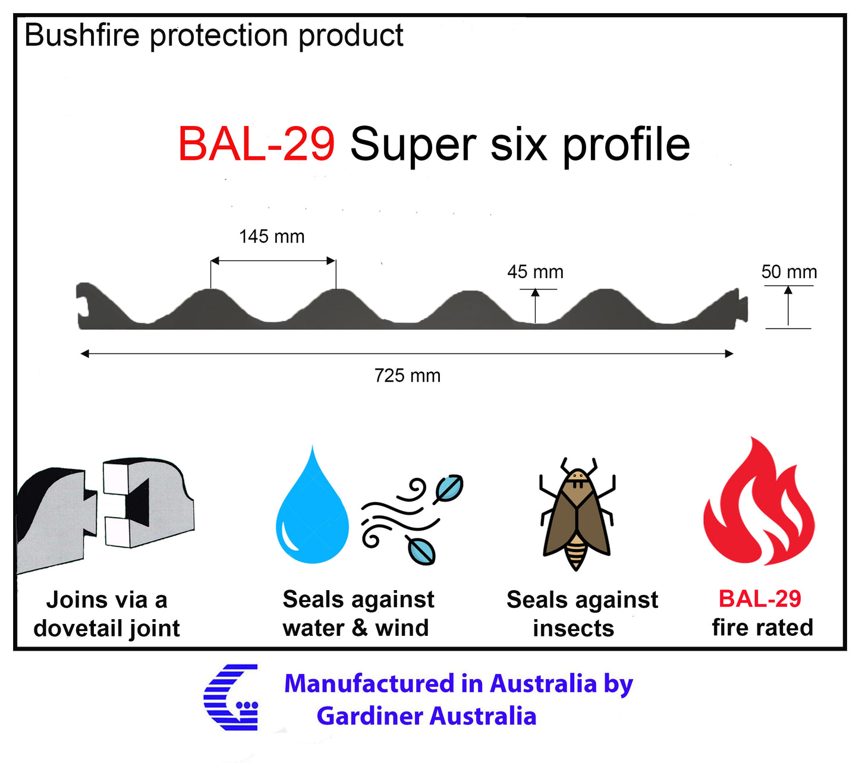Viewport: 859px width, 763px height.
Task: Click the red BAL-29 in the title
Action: (256, 144)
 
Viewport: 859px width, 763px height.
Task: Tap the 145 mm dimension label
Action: (272, 237)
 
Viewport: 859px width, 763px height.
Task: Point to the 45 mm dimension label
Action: (535, 272)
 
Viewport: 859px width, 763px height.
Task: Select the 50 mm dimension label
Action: (789, 272)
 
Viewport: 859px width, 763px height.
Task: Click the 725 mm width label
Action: (407, 376)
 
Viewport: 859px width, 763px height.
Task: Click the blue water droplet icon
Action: (312, 511)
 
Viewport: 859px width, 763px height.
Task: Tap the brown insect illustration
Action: (576, 514)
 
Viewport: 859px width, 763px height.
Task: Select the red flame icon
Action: (759, 505)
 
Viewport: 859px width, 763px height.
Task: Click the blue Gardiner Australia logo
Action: (232, 697)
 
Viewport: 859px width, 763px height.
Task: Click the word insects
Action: (573, 628)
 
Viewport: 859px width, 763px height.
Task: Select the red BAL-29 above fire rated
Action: (760, 598)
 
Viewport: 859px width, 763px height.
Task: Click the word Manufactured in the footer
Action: (372, 683)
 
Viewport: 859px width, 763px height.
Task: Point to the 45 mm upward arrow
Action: (535, 305)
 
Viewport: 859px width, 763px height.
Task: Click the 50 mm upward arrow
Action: (788, 305)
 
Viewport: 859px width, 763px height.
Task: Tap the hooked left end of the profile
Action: (85, 303)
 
